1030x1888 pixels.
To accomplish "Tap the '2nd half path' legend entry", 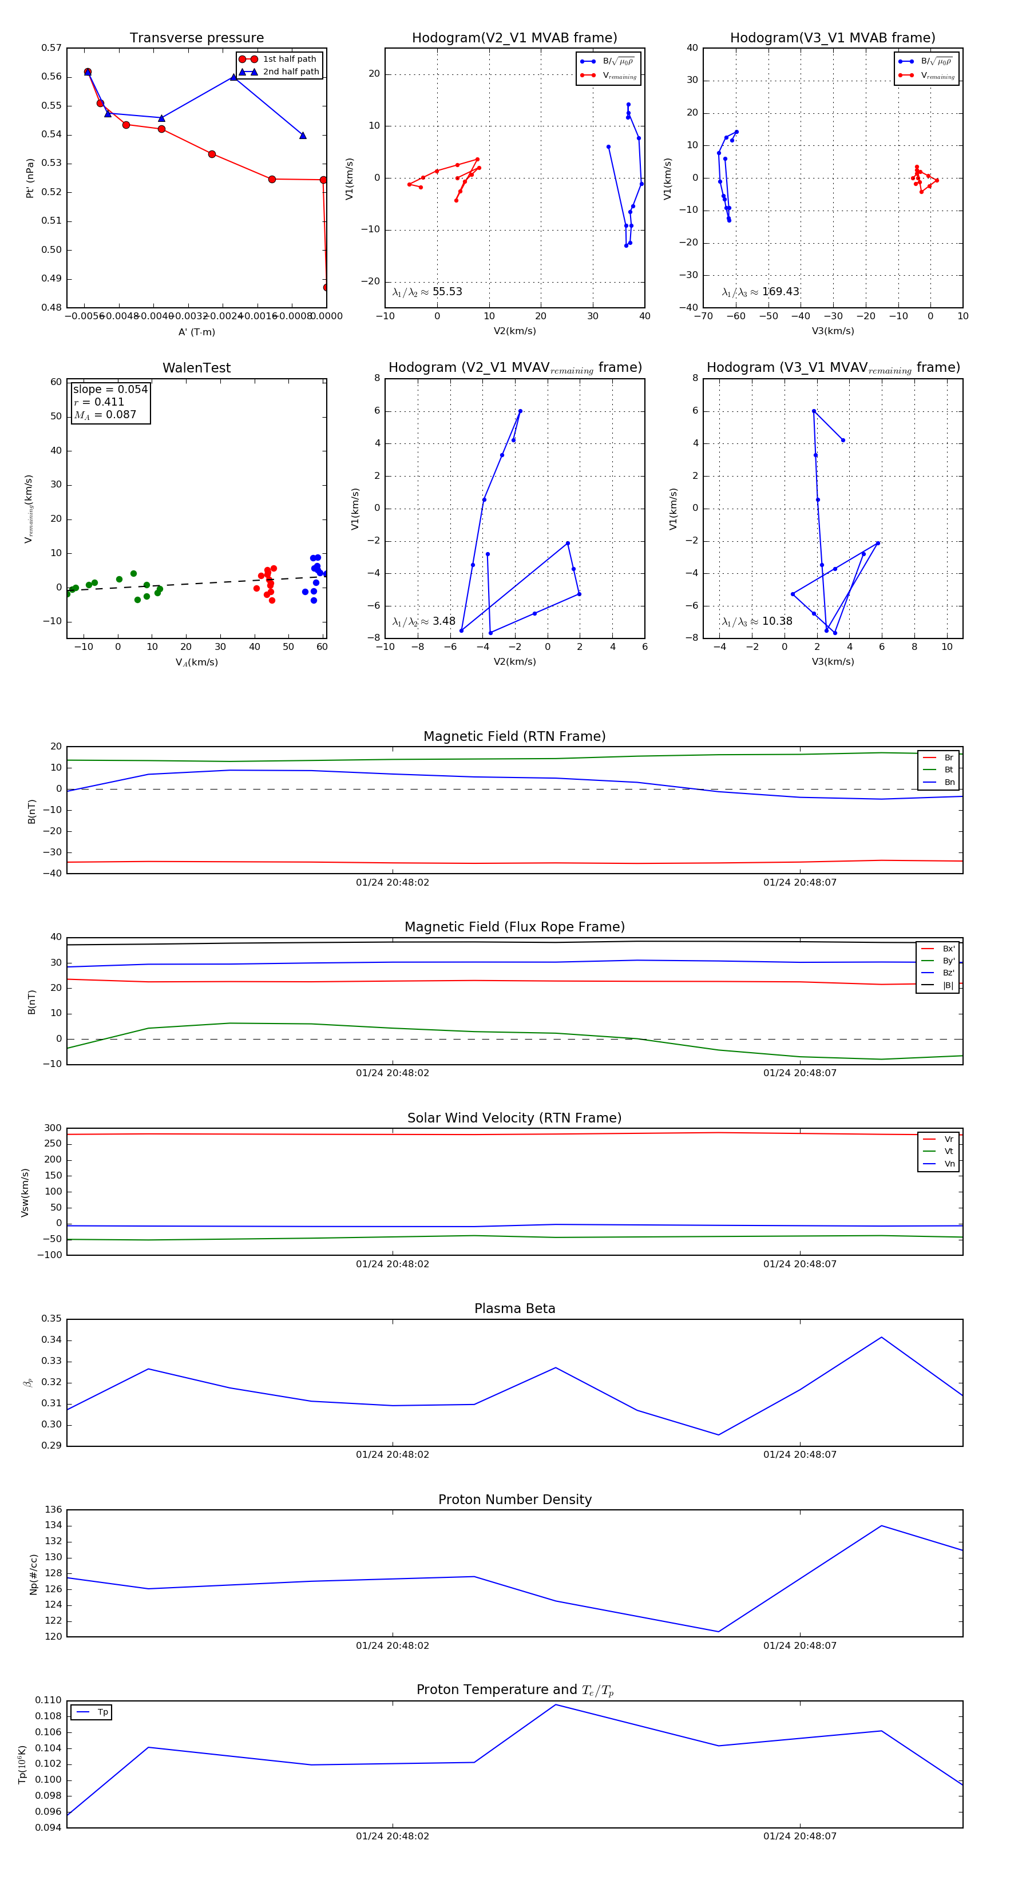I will pos(290,72).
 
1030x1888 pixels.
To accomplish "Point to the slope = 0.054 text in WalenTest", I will pos(110,389).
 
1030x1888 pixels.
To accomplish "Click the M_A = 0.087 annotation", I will pos(105,415).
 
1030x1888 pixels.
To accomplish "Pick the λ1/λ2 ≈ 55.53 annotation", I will pos(427,292).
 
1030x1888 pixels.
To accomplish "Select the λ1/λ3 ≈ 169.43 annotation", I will pos(760,292).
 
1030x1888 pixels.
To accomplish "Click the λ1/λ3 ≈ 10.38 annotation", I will pos(757,621).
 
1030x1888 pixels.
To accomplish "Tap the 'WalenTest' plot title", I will pos(196,368).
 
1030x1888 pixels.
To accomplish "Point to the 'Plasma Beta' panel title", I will pos(514,1308).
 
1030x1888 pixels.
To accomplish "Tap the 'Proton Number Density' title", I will pos(514,1500).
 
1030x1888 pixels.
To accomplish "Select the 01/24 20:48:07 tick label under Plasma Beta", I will pos(799,1455).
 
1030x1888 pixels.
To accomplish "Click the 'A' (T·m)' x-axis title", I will pos(196,332).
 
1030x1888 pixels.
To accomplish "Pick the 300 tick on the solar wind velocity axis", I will pos(53,1128).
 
